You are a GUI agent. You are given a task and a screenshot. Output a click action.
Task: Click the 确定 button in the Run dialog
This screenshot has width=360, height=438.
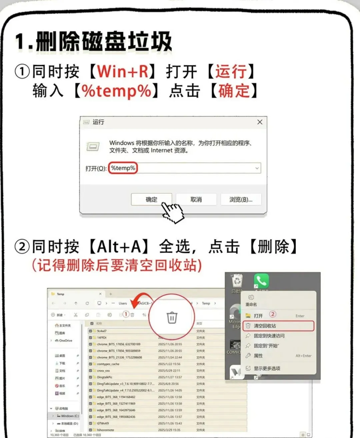coord(151,199)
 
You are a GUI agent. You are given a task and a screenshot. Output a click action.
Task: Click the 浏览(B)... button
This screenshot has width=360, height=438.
coord(241,199)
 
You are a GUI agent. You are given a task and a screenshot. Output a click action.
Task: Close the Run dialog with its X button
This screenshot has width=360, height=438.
coord(260,122)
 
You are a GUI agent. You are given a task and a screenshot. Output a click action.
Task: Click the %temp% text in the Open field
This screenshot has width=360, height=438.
coord(123,168)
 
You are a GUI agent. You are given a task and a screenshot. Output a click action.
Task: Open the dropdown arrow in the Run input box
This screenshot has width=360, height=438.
coord(257,168)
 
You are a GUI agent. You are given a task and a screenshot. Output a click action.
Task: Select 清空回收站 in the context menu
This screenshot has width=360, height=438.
coord(265,326)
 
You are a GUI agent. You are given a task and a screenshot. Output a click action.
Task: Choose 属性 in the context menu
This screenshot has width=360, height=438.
coord(258,356)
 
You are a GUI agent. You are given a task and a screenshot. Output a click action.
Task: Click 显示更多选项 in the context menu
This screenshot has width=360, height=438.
coord(267,368)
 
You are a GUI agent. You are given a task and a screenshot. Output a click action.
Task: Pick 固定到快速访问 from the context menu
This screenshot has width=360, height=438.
coord(269,336)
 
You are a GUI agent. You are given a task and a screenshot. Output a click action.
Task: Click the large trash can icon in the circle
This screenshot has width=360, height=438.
coord(172,317)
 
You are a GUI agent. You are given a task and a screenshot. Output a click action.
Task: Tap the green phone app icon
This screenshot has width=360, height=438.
coord(261,281)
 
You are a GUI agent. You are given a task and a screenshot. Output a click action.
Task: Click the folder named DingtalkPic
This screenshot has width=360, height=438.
coord(105,377)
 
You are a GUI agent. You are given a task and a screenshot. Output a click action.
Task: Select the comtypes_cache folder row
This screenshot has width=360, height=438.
coord(108,364)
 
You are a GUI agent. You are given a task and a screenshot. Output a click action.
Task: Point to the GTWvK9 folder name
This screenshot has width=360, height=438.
coord(103,423)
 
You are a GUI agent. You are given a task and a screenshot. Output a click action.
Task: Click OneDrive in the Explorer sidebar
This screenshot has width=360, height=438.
coord(65,341)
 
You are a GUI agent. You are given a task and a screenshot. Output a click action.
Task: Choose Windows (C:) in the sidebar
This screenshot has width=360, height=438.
coord(70,416)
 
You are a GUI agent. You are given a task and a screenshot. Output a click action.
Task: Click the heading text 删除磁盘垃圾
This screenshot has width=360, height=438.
coord(103,42)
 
